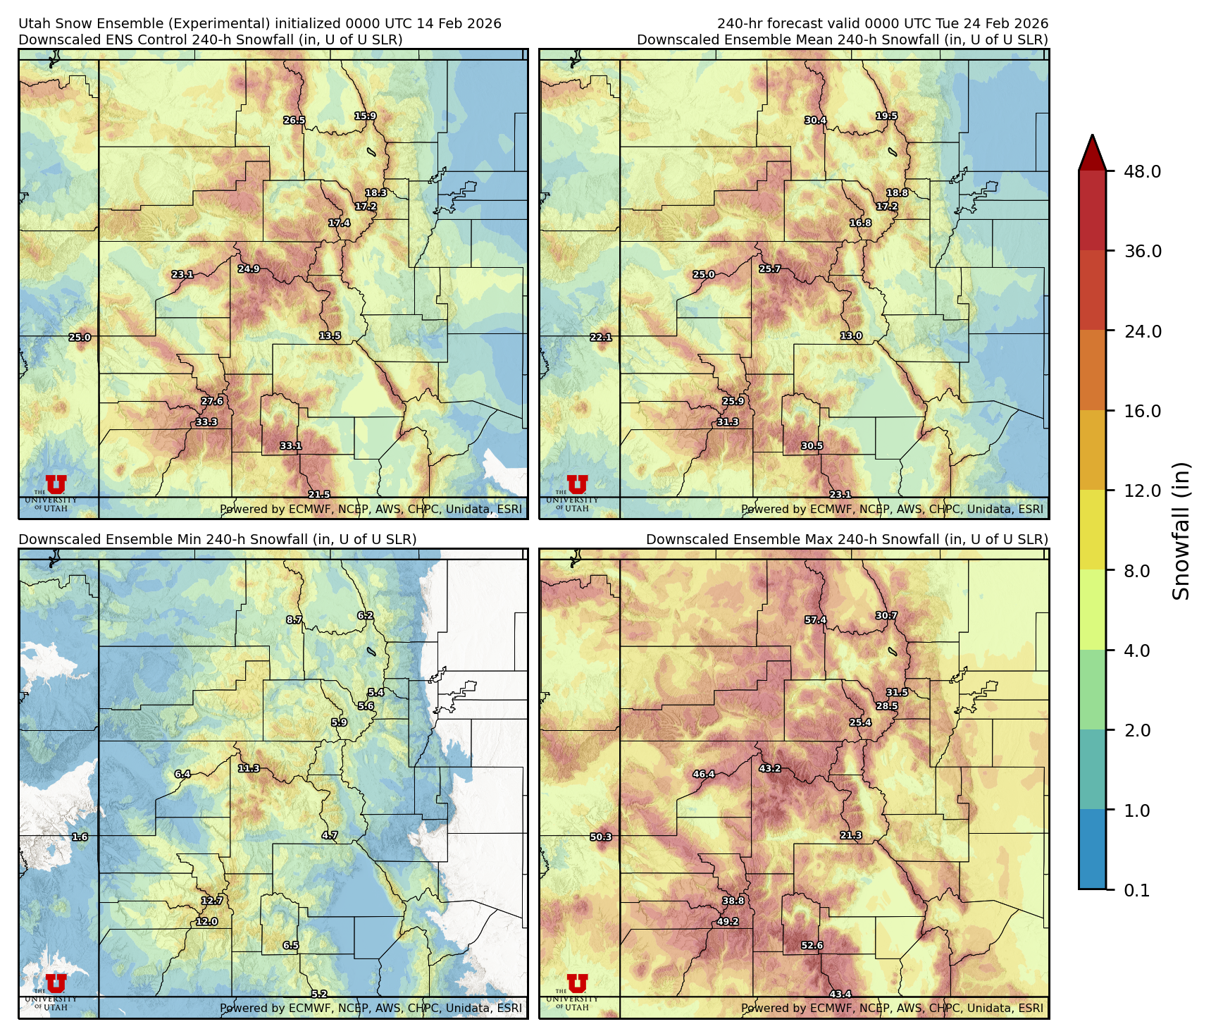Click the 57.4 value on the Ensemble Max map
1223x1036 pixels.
(815, 620)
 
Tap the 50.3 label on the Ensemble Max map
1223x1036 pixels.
(601, 837)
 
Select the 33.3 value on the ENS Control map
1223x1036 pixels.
(206, 422)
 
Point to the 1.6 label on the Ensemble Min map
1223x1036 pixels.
(80, 837)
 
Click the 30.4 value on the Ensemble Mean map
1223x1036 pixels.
(815, 121)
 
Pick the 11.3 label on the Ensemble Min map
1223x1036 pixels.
(249, 768)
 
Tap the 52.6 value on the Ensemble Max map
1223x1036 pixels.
(812, 946)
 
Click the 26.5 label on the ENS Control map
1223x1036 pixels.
(294, 121)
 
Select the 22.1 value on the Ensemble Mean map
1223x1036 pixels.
(601, 338)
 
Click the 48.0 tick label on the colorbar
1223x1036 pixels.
(1142, 172)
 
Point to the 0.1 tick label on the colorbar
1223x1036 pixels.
(1136, 891)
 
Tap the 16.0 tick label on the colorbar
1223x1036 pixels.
(1142, 412)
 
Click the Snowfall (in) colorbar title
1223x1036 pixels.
(1181, 531)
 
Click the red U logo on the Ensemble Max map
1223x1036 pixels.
(577, 983)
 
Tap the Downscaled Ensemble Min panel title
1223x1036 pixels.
(217, 540)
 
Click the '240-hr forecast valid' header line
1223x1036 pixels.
(882, 24)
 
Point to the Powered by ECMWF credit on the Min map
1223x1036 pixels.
(371, 1009)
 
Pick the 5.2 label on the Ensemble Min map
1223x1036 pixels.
(319, 994)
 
